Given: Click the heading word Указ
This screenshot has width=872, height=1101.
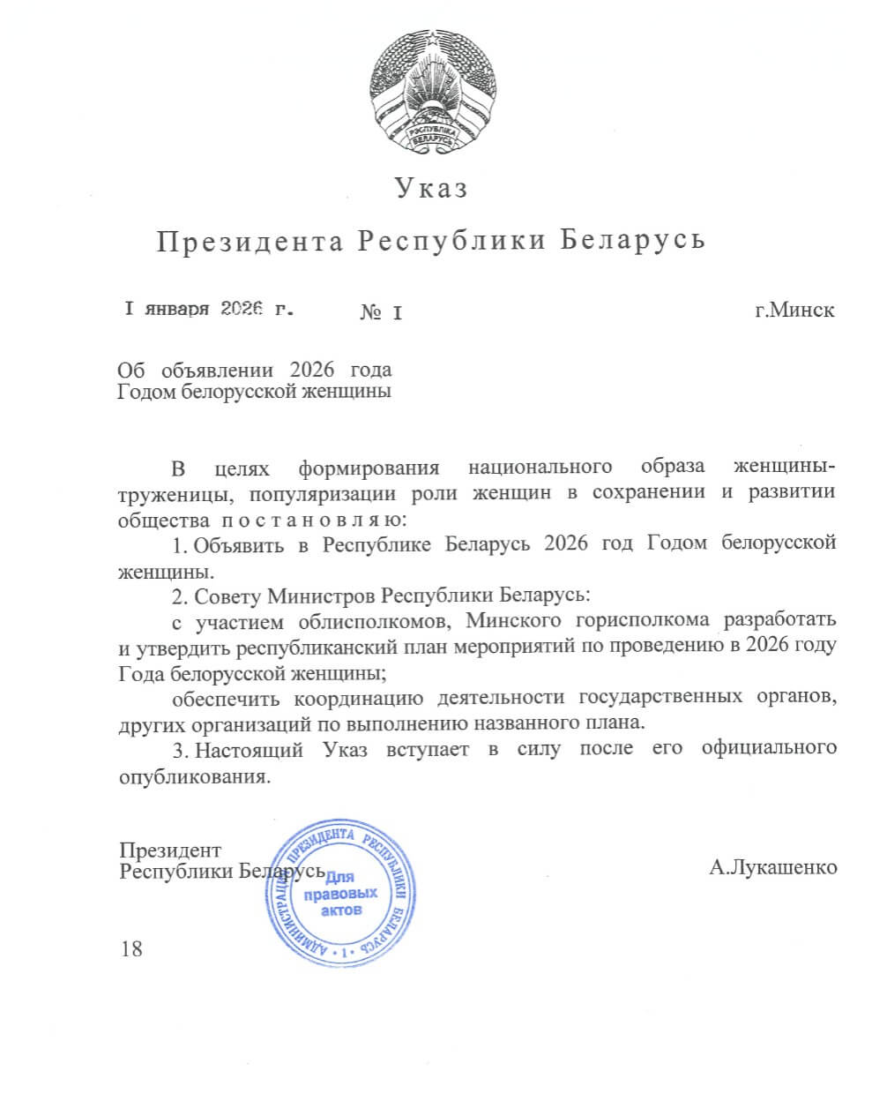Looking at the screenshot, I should (x=430, y=188).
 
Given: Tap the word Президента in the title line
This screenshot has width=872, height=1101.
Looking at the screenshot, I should (x=250, y=241).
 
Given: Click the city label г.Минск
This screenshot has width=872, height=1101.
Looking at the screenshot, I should (x=794, y=311).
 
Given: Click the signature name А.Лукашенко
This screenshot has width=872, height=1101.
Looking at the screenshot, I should (x=773, y=868).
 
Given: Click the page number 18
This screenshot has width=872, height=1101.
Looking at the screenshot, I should (x=130, y=948).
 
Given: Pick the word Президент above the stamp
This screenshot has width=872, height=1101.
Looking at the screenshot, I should (x=169, y=850).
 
